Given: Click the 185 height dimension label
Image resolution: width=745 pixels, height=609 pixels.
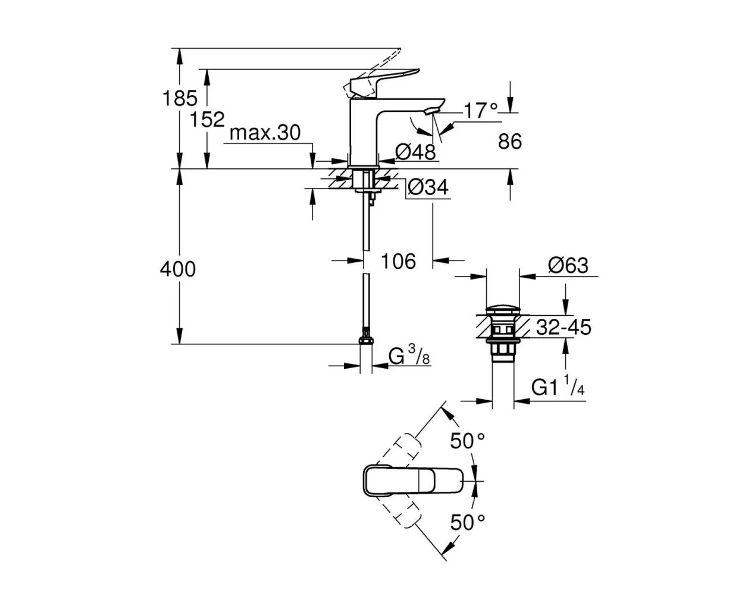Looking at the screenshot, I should point(180,98).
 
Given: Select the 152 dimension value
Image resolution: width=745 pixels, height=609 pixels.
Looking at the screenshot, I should point(207,120).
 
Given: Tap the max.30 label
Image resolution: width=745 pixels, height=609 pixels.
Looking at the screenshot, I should point(265,133).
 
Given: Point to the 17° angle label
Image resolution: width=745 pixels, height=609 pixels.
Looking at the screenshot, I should point(480,111).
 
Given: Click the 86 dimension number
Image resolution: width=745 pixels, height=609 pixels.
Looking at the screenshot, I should point(510,142).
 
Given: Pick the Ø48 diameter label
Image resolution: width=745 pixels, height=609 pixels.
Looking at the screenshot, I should point(416,152).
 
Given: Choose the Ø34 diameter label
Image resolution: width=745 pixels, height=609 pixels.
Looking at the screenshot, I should point(428,188).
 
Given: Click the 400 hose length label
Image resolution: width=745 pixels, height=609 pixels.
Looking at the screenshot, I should point(177,269).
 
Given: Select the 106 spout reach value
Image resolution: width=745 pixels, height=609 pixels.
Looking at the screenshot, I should point(398,260).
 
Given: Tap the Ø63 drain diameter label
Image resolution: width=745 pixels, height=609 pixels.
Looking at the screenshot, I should point(568,265).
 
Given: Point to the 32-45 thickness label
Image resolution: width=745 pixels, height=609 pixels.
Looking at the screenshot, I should point(564,327).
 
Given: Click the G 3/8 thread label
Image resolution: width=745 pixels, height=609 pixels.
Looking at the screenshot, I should point(409,356).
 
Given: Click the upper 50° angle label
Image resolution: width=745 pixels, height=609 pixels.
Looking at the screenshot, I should point(468,441).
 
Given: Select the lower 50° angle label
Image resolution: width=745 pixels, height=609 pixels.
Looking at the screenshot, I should point(468,523).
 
